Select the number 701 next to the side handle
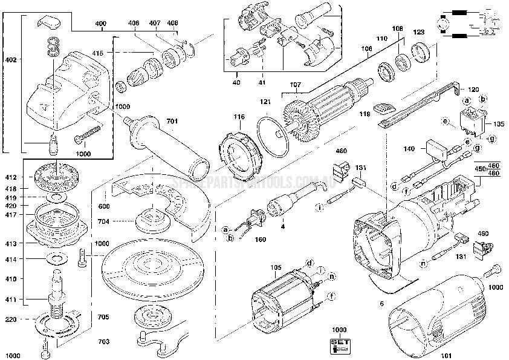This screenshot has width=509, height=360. [x=172, y=122]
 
